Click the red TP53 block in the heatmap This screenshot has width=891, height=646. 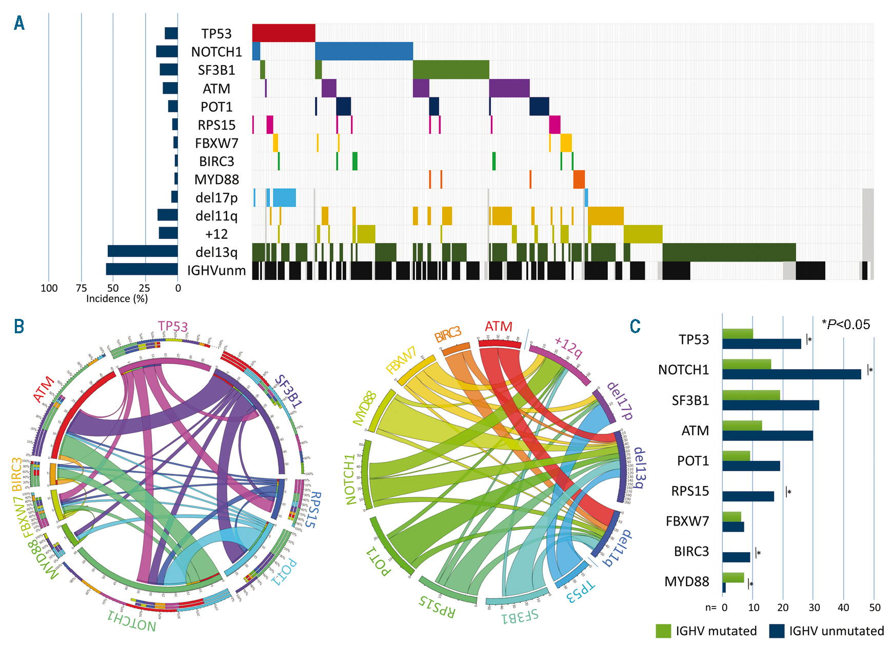284,33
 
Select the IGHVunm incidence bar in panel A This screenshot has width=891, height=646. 142,269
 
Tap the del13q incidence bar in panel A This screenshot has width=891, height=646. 143,251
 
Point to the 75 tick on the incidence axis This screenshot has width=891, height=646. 81,288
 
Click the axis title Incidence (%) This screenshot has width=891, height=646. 117,299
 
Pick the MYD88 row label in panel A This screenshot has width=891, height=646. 216,179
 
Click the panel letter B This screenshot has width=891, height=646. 19,327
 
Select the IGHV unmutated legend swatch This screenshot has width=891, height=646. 777,631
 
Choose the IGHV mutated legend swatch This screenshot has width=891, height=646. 663,631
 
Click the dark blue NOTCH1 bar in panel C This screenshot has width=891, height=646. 791,374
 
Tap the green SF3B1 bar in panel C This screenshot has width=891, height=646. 751,395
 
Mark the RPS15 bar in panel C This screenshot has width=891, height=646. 748,496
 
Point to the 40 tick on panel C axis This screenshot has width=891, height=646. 843,608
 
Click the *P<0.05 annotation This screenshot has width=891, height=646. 846,324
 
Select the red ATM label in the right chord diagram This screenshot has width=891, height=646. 498,327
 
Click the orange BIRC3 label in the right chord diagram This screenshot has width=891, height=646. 447,334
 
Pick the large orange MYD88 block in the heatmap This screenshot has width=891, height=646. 579,179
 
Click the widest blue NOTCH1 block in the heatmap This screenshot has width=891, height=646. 364,51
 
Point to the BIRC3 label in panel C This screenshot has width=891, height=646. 691,551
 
